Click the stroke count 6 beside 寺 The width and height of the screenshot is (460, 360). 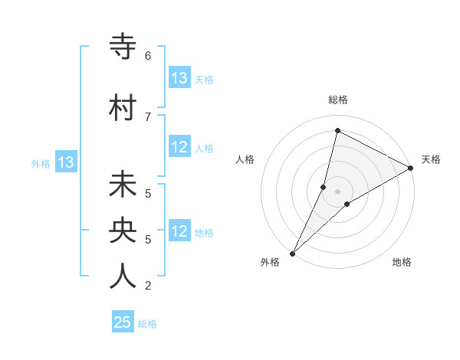tap(147, 55)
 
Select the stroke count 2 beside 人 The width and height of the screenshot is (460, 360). tap(147, 286)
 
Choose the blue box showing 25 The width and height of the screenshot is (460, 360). tap(123, 322)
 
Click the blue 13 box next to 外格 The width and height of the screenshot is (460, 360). tap(65, 162)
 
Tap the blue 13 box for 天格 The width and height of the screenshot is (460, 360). tap(179, 78)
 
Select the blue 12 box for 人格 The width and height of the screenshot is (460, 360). tap(179, 148)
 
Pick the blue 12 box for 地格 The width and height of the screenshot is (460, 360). tap(179, 232)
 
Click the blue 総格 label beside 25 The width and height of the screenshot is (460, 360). tap(147, 324)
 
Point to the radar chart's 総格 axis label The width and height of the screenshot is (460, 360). tap(337, 100)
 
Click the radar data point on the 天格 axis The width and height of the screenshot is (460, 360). tap(411, 168)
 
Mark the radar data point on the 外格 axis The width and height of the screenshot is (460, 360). tap(292, 253)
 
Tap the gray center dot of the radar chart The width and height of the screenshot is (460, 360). tap(337, 191)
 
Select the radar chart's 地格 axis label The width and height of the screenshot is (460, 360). tap(402, 263)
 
